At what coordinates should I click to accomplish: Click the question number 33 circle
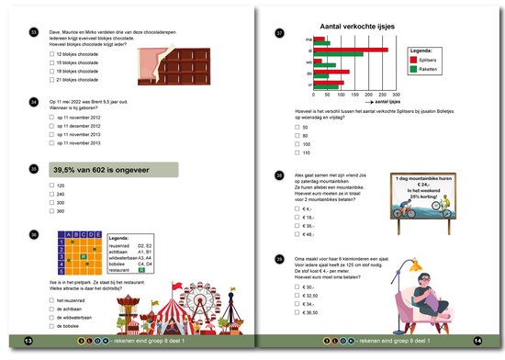pos(33,33)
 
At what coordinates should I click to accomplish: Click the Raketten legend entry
pos(424,69)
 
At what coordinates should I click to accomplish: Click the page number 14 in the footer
pos(477,342)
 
